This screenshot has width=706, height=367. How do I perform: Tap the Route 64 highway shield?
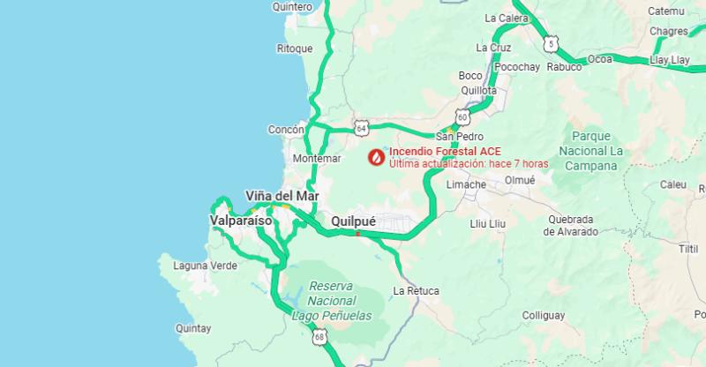coord(361,128)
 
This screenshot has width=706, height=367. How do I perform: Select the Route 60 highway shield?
coord(462,117)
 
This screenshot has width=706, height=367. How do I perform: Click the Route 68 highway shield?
coord(319,336)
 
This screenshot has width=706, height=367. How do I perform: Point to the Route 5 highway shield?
coord(552,42)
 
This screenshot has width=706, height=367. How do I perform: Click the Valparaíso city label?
coord(241,221)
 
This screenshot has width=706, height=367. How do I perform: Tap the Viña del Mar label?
coord(282,196)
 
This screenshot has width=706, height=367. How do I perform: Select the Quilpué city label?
coord(356,221)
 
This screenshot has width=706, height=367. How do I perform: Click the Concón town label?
coord(286,130)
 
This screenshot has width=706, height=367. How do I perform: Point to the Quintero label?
coord(293,6)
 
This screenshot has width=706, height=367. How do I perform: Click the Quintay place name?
coord(193,328)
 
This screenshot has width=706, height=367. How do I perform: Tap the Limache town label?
coord(466,184)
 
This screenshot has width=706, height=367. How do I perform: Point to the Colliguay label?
coord(542,315)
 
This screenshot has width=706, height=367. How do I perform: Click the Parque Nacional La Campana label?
coord(598,150)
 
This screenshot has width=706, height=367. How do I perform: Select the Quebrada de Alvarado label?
coord(570,225)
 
